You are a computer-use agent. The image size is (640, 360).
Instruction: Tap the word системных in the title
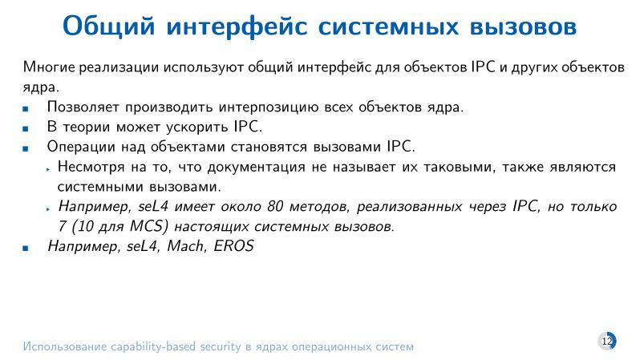coord(379,26)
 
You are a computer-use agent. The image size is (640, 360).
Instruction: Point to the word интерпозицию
coord(261,107)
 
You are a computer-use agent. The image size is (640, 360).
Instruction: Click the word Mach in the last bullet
coord(184,246)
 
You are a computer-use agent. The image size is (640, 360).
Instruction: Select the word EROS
coord(233,246)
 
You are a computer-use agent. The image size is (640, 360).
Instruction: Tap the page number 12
coord(606,342)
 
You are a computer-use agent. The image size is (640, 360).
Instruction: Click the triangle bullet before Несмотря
coord(49,168)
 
